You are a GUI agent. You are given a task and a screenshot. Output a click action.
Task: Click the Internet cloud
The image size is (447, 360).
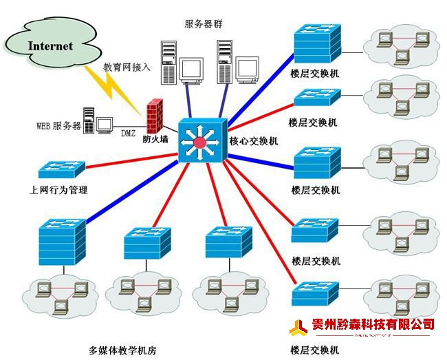[x=50, y=46]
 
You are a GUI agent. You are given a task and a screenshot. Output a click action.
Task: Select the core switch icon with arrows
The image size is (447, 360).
[x=201, y=141]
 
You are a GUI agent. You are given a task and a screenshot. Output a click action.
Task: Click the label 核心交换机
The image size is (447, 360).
[x=254, y=141]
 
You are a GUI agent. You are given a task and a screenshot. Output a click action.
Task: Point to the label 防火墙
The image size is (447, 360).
[x=155, y=140]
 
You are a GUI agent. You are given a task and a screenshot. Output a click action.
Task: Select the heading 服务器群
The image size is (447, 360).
[x=204, y=24]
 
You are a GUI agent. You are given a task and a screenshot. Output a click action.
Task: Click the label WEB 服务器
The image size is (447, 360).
[x=58, y=127]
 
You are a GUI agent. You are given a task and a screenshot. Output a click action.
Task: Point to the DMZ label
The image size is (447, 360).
[x=128, y=132]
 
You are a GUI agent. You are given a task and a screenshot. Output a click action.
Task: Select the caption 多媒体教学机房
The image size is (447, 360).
[x=123, y=350]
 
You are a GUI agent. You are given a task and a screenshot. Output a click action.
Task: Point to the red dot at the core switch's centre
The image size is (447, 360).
[x=199, y=143]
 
